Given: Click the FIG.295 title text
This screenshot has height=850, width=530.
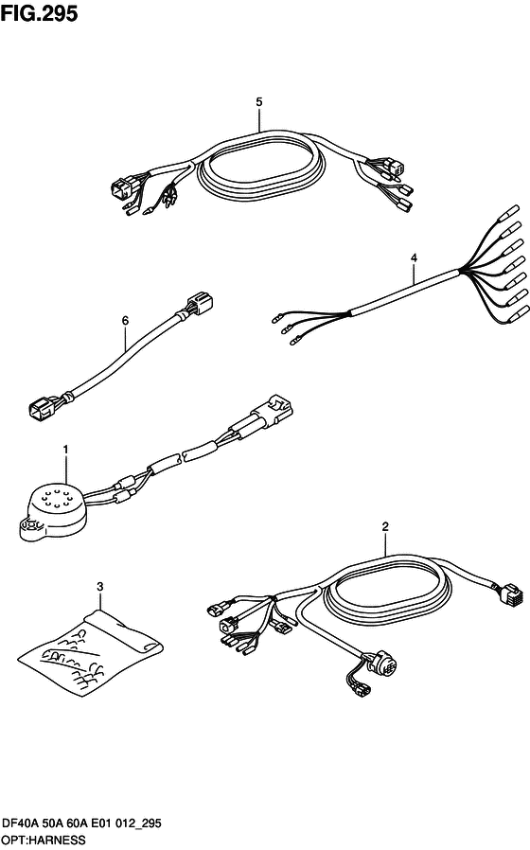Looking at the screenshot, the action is click(x=39, y=13).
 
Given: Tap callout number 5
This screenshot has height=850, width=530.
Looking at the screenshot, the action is click(x=259, y=102).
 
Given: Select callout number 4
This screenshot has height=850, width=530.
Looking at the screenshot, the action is click(x=414, y=258).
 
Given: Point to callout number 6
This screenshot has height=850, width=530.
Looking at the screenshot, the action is click(x=125, y=321).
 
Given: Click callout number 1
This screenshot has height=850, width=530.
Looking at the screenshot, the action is click(x=65, y=450).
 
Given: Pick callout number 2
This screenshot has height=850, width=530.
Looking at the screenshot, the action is click(x=385, y=526).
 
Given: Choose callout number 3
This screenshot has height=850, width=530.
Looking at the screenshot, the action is click(x=99, y=587).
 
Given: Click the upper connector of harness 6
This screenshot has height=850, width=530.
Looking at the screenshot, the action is click(x=200, y=304).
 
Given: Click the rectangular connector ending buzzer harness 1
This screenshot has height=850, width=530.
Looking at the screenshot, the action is click(x=276, y=407).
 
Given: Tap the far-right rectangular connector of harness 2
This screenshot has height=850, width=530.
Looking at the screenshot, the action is click(x=509, y=594).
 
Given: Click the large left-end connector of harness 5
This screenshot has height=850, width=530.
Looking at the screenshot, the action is click(x=121, y=189).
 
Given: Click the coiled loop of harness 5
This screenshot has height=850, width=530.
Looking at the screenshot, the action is click(x=263, y=168).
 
